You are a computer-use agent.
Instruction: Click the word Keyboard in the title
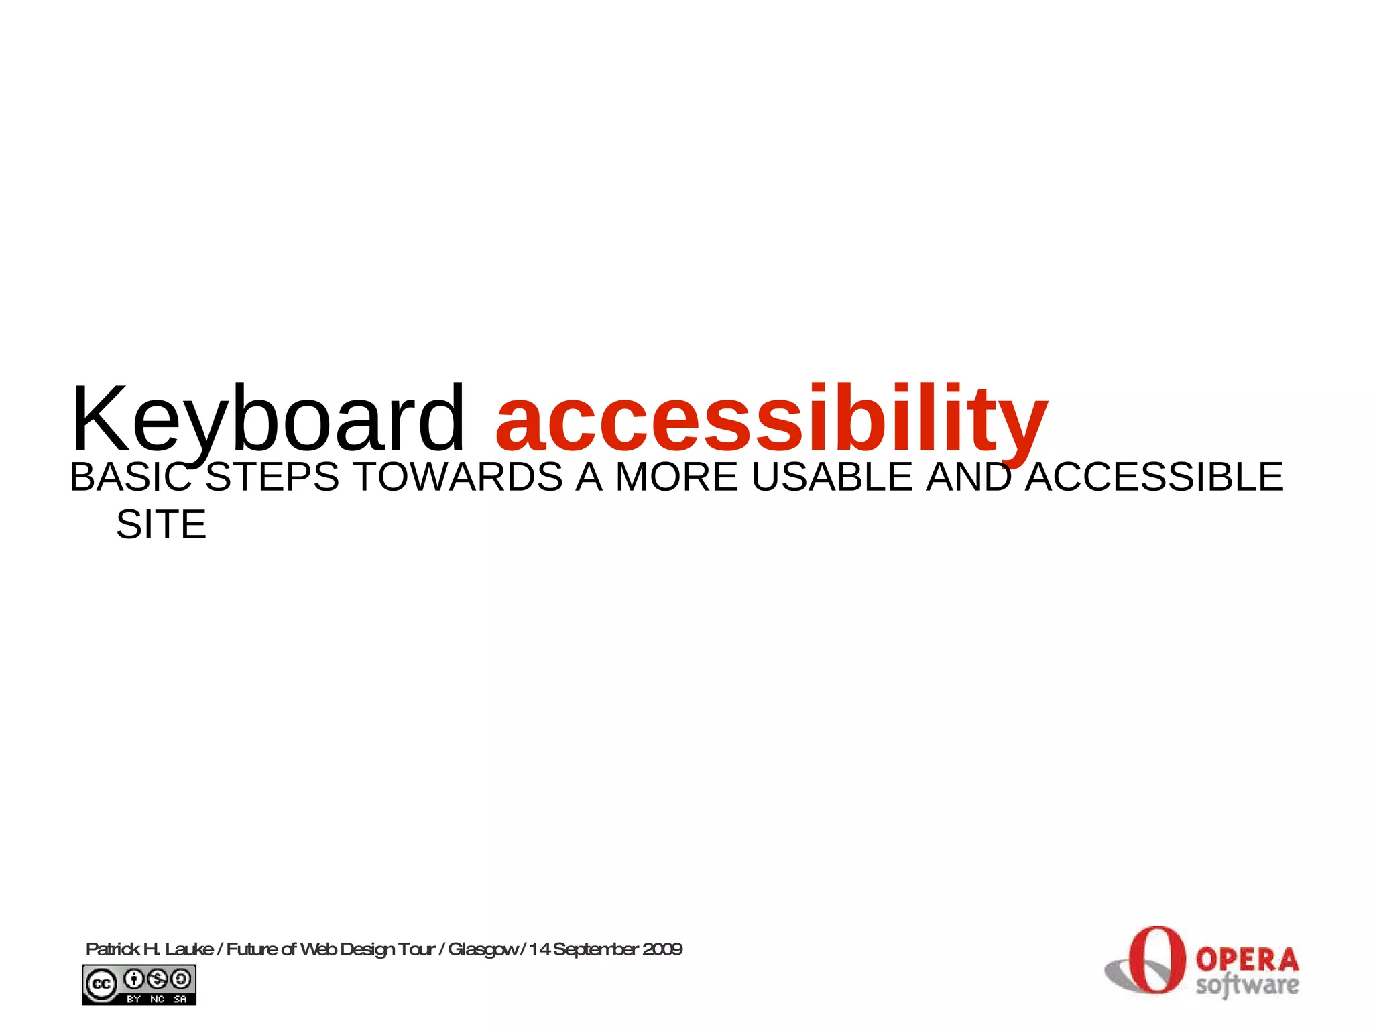click(267, 421)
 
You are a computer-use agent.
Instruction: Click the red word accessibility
click(771, 421)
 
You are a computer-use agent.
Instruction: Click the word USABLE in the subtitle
click(832, 477)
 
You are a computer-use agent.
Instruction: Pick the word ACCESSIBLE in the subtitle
click(1154, 477)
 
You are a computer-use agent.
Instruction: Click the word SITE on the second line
click(161, 524)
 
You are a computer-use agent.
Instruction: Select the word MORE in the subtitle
click(676, 477)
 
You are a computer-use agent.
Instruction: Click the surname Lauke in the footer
click(189, 949)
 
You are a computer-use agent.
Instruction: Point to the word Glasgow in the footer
click(483, 949)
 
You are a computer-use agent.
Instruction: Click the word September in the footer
click(595, 949)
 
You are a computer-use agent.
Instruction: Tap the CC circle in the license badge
click(101, 984)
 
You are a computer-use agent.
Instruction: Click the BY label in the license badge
click(134, 999)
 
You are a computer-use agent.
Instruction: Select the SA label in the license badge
click(180, 999)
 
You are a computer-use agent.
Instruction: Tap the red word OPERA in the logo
click(1247, 960)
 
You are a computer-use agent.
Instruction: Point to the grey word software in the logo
click(1247, 985)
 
